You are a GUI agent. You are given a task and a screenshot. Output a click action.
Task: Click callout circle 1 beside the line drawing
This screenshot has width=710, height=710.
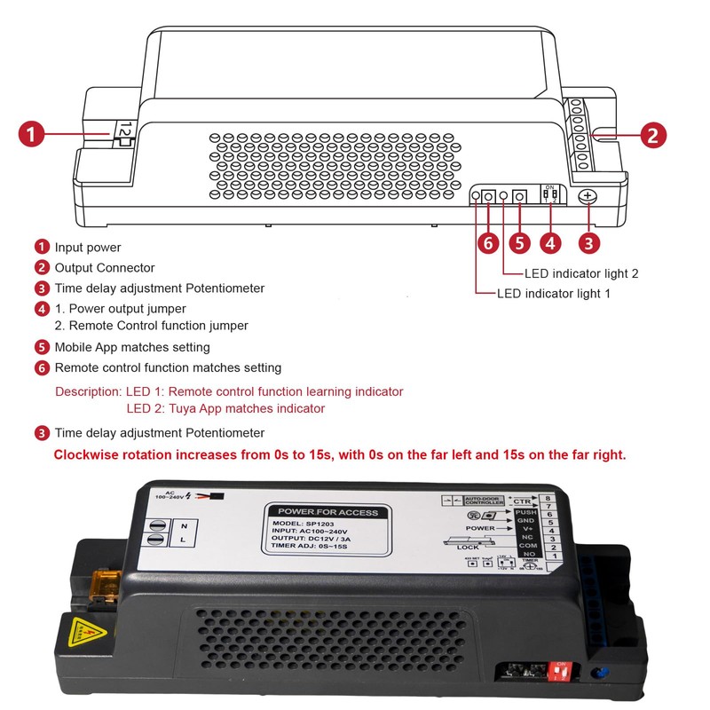[x=32, y=135]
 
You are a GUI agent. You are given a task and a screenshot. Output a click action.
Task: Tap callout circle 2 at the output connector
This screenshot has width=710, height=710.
[x=652, y=135]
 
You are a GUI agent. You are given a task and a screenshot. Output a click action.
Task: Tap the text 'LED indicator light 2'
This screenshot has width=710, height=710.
[x=581, y=273]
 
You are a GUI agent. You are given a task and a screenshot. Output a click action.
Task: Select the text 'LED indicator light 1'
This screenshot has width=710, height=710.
[x=553, y=294]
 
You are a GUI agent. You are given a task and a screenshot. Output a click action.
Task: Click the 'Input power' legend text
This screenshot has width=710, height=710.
[x=88, y=248]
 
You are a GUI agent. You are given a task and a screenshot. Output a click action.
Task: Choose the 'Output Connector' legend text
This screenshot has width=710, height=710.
[x=105, y=268]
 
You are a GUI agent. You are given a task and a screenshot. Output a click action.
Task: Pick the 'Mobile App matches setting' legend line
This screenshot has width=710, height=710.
[x=132, y=347]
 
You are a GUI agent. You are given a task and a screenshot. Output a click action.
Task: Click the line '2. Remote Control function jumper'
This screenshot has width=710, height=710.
[x=152, y=326]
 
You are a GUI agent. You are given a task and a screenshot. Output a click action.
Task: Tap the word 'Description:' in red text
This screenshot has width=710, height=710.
[x=87, y=391]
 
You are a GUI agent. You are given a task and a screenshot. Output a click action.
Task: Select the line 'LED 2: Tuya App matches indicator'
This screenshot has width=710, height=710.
[x=225, y=409]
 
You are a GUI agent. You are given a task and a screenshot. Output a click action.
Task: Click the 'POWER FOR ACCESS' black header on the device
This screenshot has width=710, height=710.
[x=327, y=512]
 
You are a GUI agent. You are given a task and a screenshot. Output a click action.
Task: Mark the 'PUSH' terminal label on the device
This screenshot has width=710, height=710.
[x=525, y=514]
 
